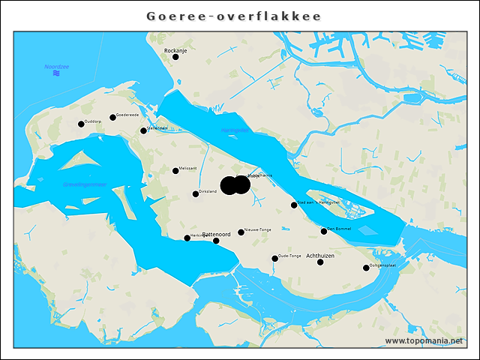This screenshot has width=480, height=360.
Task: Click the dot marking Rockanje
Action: pyautogui.click(x=175, y=57)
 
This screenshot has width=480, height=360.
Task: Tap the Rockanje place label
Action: pyautogui.click(x=175, y=50)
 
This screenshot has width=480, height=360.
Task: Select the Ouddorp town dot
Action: pyautogui.click(x=81, y=124)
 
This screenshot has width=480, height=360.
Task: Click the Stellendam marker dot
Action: pyautogui.click(x=144, y=130)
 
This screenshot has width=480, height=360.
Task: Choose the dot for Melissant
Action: pyautogui.click(x=175, y=171)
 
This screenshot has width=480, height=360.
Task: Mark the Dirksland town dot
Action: pyautogui.click(x=196, y=194)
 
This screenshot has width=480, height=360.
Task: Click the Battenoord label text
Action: pyautogui.click(x=217, y=235)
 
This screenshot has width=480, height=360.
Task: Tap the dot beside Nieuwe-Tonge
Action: pyautogui.click(x=241, y=232)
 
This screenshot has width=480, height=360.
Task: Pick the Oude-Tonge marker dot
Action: pyautogui.click(x=274, y=259)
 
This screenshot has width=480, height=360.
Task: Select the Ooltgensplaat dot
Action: pyautogui.click(x=366, y=268)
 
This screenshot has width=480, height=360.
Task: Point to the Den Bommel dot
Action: pyautogui.click(x=324, y=231)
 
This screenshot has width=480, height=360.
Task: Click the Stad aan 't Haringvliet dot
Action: pyautogui.click(x=294, y=205)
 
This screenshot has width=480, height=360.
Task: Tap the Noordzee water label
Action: pyautogui.click(x=56, y=67)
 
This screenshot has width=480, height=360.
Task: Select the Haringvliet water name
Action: pyautogui.click(x=234, y=130)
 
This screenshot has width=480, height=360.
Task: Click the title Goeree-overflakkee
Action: pyautogui.click(x=234, y=16)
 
